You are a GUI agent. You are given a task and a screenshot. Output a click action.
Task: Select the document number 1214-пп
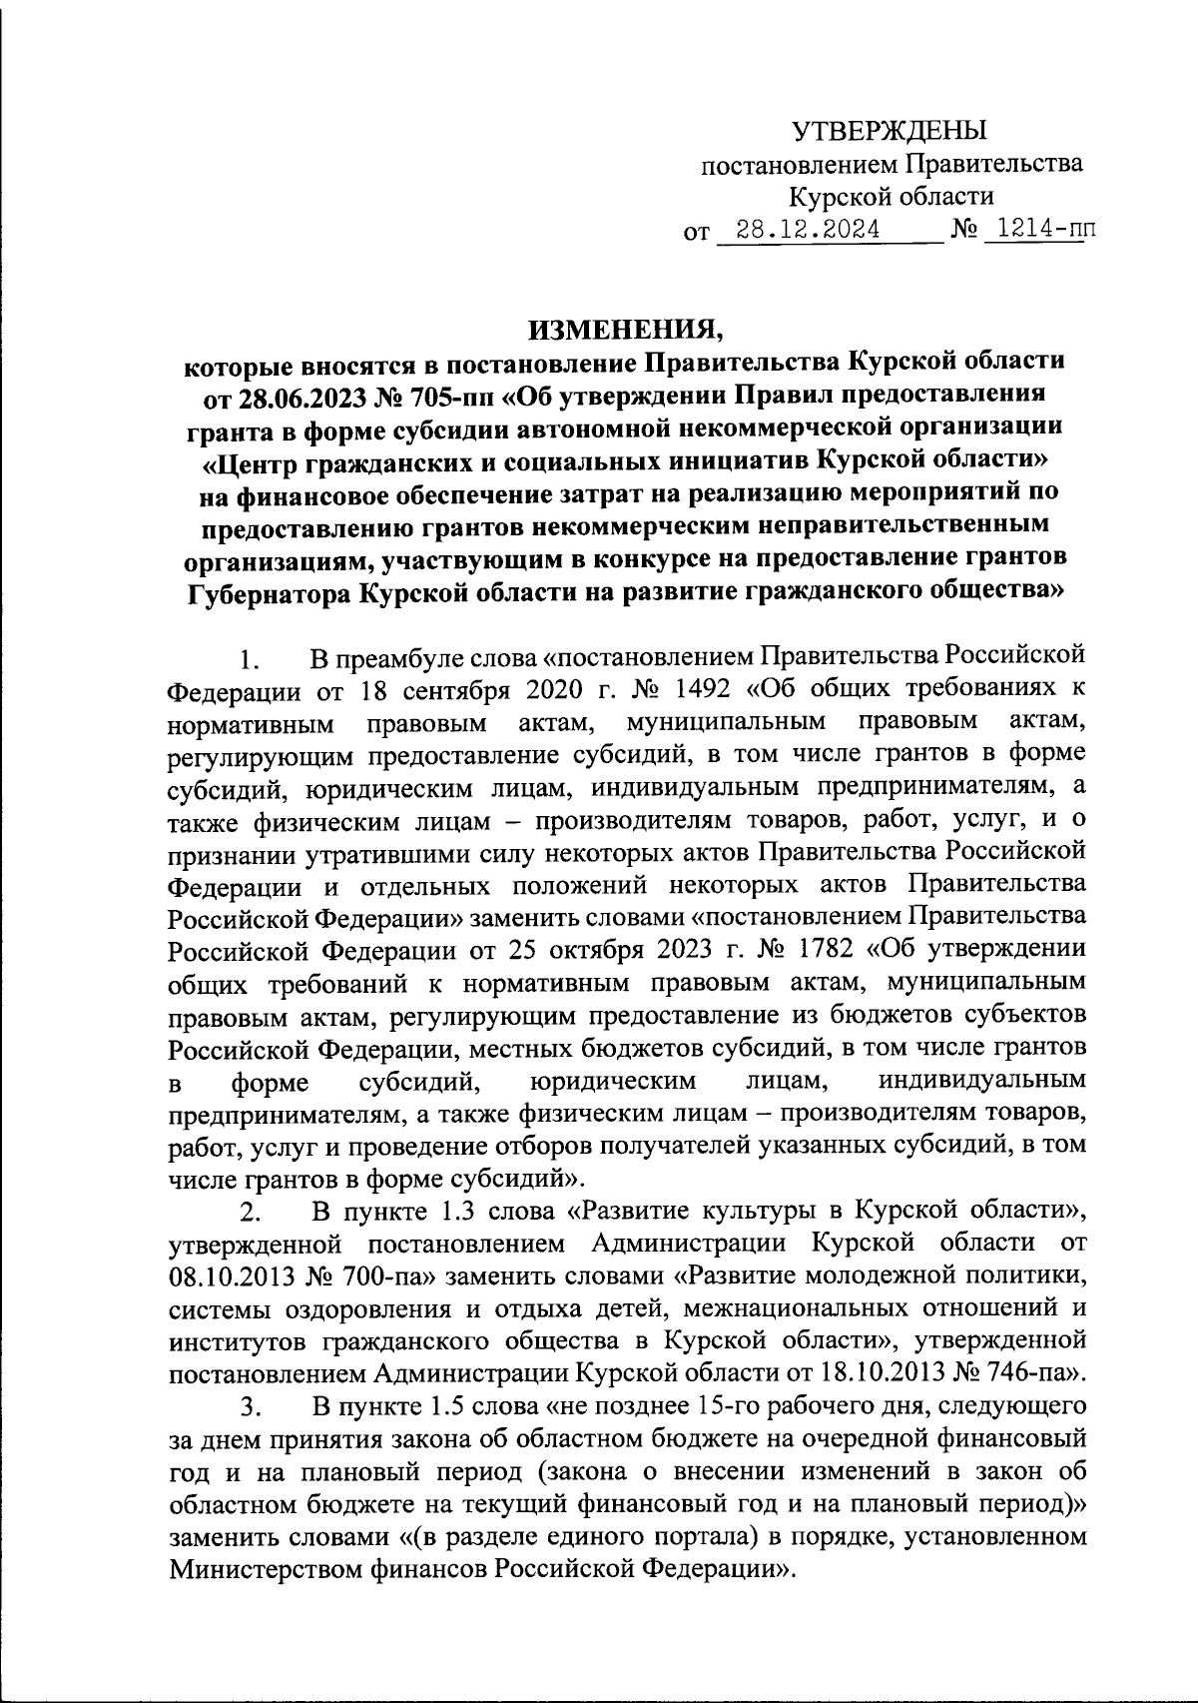(1039, 232)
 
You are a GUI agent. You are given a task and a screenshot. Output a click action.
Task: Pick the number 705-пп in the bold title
(451, 397)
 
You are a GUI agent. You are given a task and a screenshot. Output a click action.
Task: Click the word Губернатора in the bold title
(267, 592)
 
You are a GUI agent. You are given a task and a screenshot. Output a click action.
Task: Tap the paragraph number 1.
(250, 661)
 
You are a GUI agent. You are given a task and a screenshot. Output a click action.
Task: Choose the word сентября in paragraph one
(444, 690)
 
